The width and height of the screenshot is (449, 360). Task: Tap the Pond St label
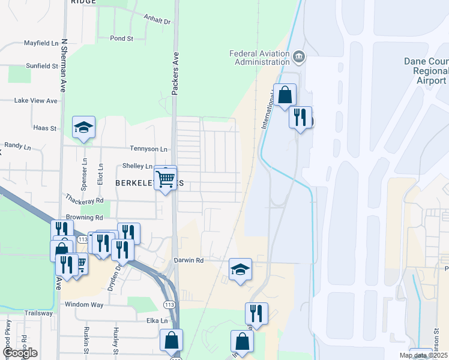pos(121,38)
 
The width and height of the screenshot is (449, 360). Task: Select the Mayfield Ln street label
pos(41,44)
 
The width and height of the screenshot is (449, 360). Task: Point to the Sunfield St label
pos(41,66)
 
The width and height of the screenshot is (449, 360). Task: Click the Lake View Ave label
pos(35,101)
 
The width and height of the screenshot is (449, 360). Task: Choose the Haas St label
pos(44,128)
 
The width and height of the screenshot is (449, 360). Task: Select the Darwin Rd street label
pos(189,260)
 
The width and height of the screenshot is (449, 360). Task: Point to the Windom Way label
pos(84,305)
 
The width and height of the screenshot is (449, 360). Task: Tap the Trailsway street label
pos(38,313)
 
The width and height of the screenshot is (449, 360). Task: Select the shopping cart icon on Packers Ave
pos(166,178)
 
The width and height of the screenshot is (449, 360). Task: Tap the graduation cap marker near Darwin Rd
pos(240,269)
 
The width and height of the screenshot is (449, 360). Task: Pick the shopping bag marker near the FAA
pos(286,95)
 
